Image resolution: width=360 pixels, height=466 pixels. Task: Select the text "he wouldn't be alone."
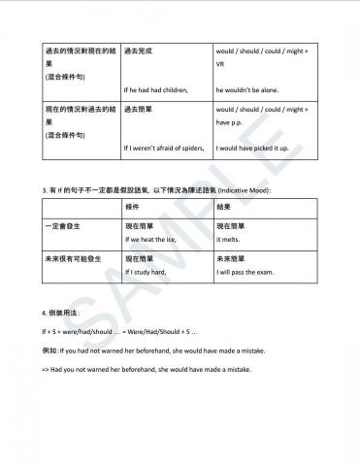247,89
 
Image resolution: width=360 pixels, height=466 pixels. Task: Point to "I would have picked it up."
254,149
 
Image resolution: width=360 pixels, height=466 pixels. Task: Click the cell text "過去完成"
138,48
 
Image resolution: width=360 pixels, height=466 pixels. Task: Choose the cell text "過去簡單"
138,111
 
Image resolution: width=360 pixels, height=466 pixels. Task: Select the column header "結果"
223,208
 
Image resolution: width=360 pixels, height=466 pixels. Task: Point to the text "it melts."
228,238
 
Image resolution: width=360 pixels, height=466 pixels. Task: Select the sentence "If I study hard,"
147,273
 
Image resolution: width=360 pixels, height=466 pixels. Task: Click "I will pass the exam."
245,273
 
